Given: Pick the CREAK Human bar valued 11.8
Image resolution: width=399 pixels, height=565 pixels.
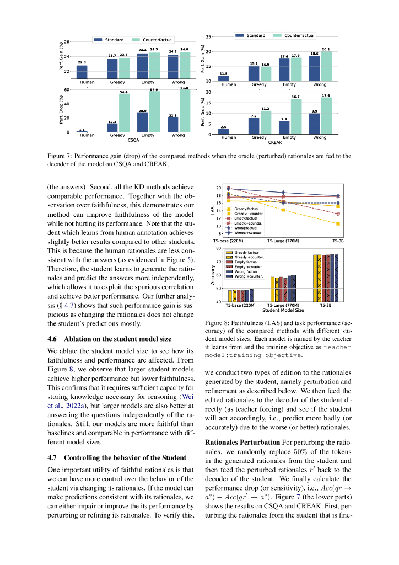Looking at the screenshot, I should (224, 78).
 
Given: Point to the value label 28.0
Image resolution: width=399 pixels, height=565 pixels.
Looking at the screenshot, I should (142, 111).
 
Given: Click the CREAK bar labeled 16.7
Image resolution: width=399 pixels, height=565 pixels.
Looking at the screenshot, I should (295, 117).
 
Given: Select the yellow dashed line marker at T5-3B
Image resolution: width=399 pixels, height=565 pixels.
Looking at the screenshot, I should (338, 223).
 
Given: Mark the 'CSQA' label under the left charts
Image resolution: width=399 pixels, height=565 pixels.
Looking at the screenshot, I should (133, 140).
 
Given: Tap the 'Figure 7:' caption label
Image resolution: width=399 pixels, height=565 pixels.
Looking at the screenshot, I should (60, 156).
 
